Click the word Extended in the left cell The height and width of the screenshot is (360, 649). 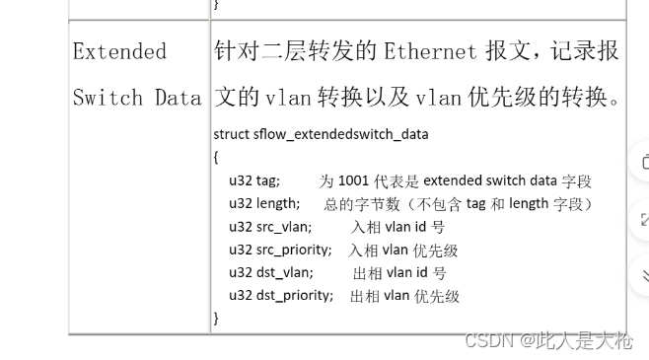pyautogui.click(x=119, y=51)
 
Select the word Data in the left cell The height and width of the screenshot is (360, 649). pyautogui.click(x=178, y=97)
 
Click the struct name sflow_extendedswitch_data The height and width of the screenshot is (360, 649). pyautogui.click(x=340, y=133)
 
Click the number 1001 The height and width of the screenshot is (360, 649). pyautogui.click(x=354, y=180)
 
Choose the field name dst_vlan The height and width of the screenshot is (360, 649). pyautogui.click(x=285, y=272)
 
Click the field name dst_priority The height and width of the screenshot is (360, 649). pyautogui.click(x=295, y=295)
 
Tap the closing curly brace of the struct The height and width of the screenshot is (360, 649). pyautogui.click(x=217, y=318)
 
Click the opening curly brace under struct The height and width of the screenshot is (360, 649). pyautogui.click(x=217, y=156)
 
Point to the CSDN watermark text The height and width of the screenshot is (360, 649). pyautogui.click(x=547, y=341)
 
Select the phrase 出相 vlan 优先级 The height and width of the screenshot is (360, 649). pyautogui.click(x=404, y=295)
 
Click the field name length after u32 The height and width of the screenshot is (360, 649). pyautogui.click(x=278, y=203)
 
